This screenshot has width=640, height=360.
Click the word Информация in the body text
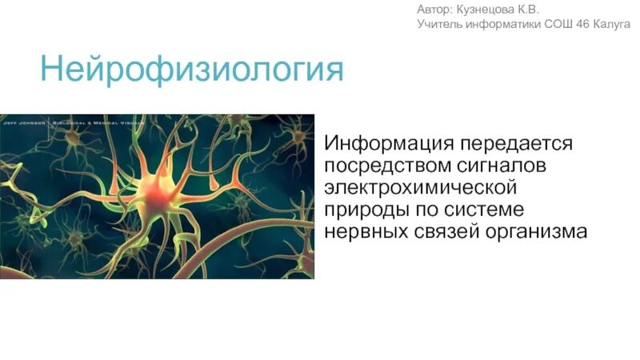(389, 145)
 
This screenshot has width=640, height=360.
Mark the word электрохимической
(419, 188)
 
